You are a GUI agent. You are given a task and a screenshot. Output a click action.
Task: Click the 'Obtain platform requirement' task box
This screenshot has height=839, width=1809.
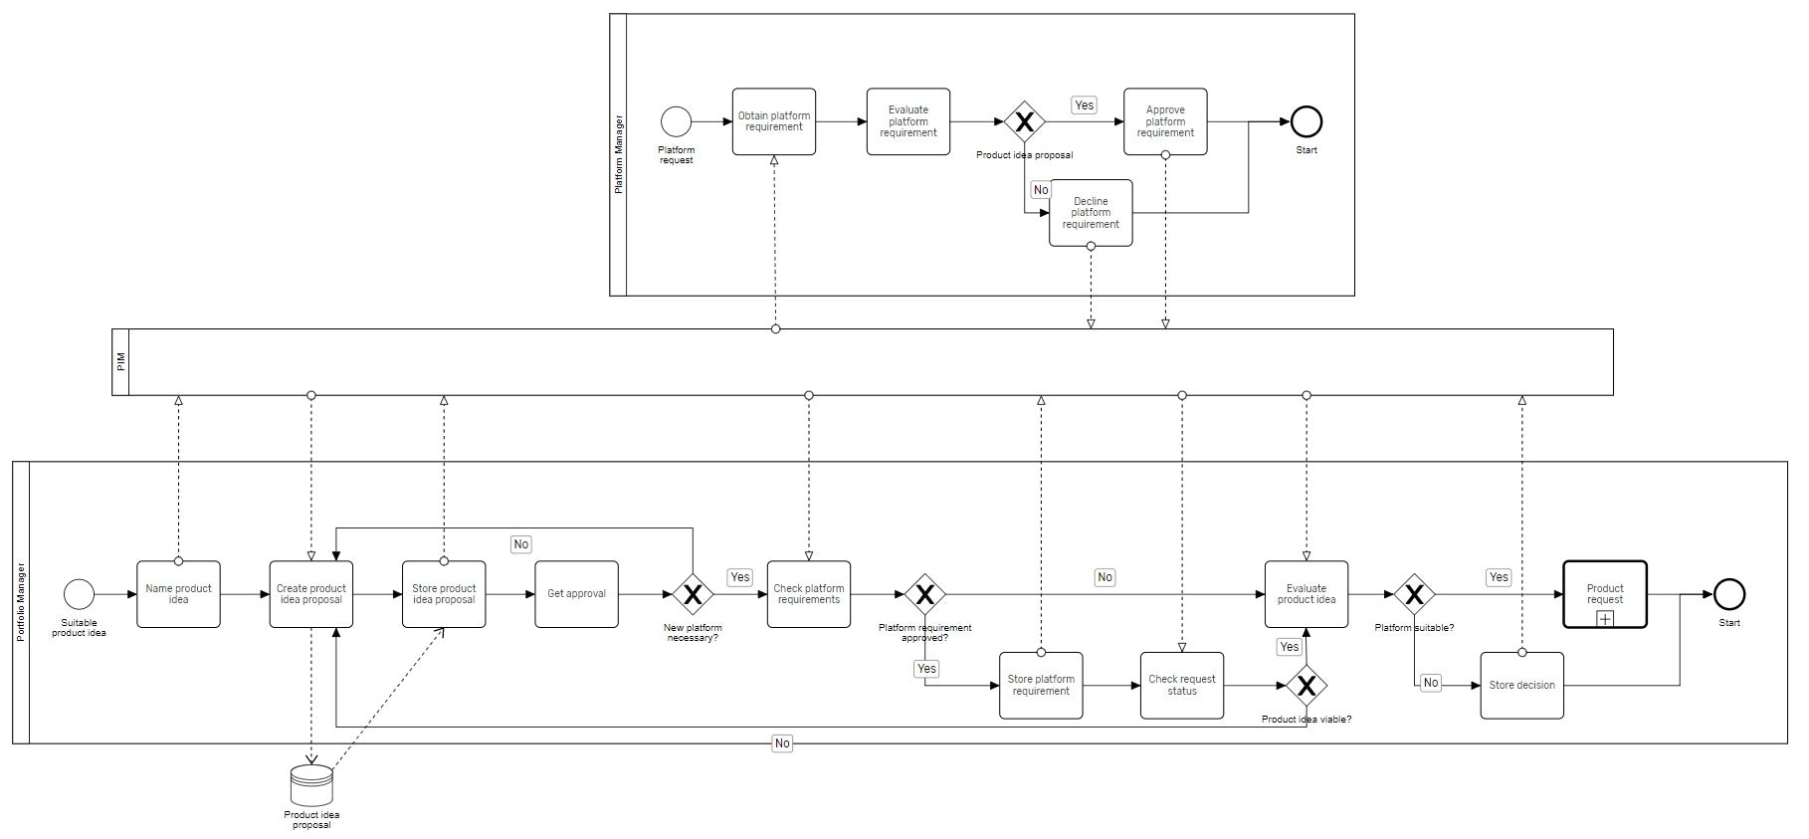773,121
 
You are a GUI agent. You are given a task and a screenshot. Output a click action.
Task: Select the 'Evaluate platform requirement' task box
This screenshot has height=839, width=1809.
907,121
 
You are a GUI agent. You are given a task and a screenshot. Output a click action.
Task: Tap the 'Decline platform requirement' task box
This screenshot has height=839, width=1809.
1091,213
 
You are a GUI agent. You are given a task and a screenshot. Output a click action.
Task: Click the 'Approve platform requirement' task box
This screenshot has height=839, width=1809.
1165,121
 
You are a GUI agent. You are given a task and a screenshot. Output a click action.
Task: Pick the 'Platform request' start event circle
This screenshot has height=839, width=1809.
676,121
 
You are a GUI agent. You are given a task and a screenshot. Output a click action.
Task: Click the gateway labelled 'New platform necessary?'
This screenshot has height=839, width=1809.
693,594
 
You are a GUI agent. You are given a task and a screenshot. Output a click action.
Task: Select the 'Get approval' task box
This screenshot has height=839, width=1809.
576,594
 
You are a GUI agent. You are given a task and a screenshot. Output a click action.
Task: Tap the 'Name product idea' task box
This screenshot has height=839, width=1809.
178,594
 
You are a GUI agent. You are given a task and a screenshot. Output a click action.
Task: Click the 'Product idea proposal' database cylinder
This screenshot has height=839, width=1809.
311,785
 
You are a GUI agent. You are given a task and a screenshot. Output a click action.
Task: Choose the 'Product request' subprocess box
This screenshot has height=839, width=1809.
1604,594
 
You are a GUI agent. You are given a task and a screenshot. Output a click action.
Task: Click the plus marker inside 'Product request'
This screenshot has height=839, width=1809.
1604,619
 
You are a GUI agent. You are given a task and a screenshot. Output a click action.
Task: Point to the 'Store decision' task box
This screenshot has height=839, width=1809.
1521,685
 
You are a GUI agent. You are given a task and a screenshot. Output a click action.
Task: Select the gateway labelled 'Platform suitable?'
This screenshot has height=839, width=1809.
1414,594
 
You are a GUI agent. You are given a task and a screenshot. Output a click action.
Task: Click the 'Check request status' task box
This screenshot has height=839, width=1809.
1182,685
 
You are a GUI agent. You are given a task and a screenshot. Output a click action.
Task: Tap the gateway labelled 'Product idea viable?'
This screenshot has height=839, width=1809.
1306,685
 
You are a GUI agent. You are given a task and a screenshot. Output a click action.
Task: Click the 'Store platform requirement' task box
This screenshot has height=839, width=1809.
1041,685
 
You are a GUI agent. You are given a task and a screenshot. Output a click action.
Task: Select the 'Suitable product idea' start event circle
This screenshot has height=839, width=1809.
79,594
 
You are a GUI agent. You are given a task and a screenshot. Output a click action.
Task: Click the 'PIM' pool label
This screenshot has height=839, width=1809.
120,362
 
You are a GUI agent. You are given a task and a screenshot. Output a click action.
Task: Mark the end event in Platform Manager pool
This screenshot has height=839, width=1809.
1306,121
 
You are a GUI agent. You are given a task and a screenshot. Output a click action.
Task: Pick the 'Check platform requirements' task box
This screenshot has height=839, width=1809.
808,594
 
